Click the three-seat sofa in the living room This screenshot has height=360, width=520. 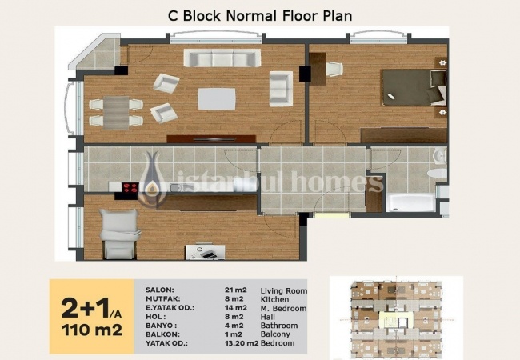(222, 58)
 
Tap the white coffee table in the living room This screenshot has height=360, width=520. (217, 98)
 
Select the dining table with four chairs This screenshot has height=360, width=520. (116, 112)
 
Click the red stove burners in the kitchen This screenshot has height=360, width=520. (130, 188)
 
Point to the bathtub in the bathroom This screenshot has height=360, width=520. (411, 203)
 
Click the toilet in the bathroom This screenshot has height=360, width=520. (437, 174)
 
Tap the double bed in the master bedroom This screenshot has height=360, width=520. (414, 87)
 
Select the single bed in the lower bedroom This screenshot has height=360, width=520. (119, 234)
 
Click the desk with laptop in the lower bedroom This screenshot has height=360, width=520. (206, 252)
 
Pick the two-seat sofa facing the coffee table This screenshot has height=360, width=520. (281, 89)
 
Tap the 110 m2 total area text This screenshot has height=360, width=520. (92, 330)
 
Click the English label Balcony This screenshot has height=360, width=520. (275, 334)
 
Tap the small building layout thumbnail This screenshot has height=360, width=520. (396, 318)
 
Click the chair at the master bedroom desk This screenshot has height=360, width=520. (334, 70)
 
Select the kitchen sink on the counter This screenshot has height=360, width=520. (175, 188)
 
